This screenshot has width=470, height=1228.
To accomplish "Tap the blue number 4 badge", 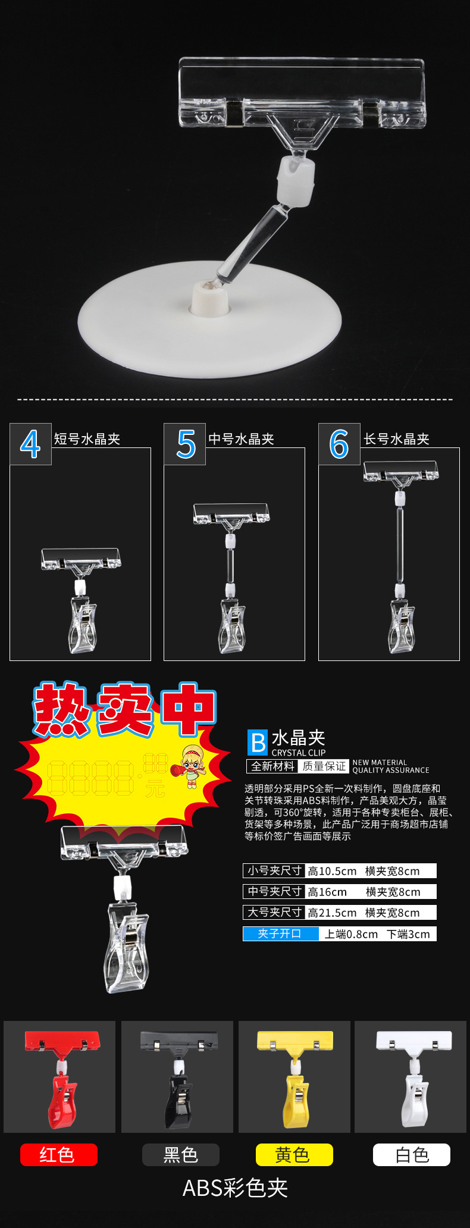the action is (30, 444).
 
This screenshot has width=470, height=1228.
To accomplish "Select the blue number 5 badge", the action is (185, 444).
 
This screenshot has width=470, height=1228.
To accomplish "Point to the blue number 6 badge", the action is (339, 444).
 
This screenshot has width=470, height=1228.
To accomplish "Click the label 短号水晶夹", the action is (87, 439).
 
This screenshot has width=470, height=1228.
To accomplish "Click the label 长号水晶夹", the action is (397, 439).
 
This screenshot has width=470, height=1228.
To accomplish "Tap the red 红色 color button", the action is (58, 1155).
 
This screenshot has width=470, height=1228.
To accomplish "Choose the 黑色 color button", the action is (181, 1155).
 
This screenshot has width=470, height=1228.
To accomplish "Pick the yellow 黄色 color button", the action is (294, 1155).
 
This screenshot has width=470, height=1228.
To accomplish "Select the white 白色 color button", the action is (412, 1155).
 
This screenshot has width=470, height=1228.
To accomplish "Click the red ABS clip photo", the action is (59, 1077).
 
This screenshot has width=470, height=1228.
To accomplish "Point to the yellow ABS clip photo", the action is (294, 1077).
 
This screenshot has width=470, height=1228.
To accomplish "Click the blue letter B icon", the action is (258, 743).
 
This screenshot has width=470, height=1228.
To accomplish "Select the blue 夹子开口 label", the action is (280, 934).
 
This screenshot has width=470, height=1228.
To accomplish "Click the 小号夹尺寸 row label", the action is (274, 870).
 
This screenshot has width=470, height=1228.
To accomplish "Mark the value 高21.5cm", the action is (332, 913).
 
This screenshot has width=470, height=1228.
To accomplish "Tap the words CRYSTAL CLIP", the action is (299, 753).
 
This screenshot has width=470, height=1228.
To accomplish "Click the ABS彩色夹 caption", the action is (236, 1188).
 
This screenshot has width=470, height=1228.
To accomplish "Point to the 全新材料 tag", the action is (272, 766).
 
